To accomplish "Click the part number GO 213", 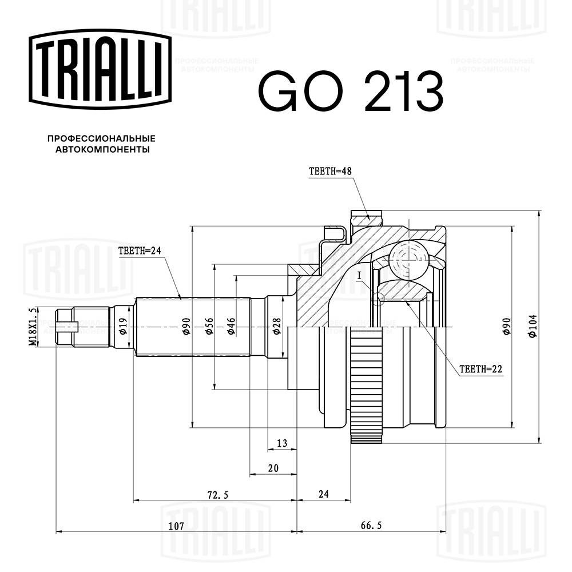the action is click(x=351, y=91).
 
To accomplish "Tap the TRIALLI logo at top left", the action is click(x=100, y=69).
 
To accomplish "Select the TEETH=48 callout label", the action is click(x=330, y=171).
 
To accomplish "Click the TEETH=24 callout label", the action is click(x=140, y=251).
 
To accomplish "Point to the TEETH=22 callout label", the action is click(x=481, y=369).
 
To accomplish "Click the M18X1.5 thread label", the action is click(x=33, y=326).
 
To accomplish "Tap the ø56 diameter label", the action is click(x=209, y=326).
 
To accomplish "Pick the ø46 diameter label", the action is click(x=231, y=326).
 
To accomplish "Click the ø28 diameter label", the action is click(x=277, y=326).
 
